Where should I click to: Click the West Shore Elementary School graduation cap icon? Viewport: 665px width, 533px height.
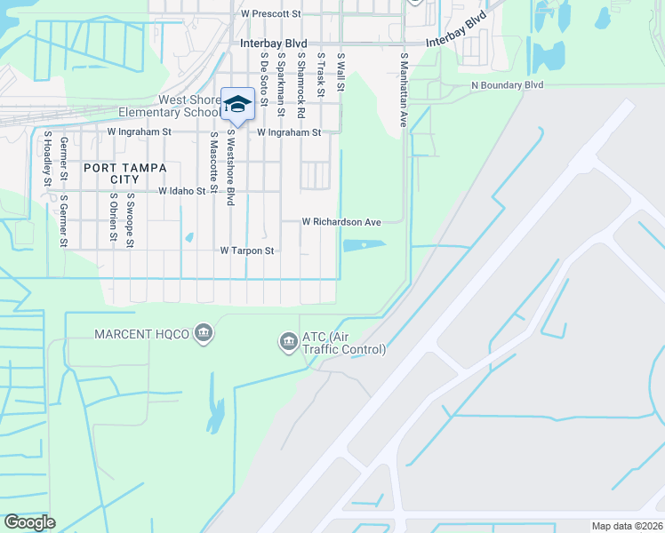[x=237, y=104]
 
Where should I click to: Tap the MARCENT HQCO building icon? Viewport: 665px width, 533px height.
[x=204, y=334]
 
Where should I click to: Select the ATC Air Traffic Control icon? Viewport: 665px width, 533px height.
[x=288, y=341]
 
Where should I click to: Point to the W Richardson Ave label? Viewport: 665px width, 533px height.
[x=341, y=221]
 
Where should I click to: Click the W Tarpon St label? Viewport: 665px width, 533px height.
[x=247, y=251]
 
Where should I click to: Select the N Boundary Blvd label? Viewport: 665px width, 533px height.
[x=507, y=84]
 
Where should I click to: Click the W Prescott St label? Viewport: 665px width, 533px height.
[x=271, y=14]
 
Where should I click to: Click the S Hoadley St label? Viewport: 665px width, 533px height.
[x=46, y=159]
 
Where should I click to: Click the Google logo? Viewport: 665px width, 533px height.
[x=30, y=521]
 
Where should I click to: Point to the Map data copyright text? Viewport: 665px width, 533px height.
[x=627, y=526]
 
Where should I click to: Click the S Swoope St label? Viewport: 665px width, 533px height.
[x=130, y=219]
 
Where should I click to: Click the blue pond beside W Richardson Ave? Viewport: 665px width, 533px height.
[x=364, y=245]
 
